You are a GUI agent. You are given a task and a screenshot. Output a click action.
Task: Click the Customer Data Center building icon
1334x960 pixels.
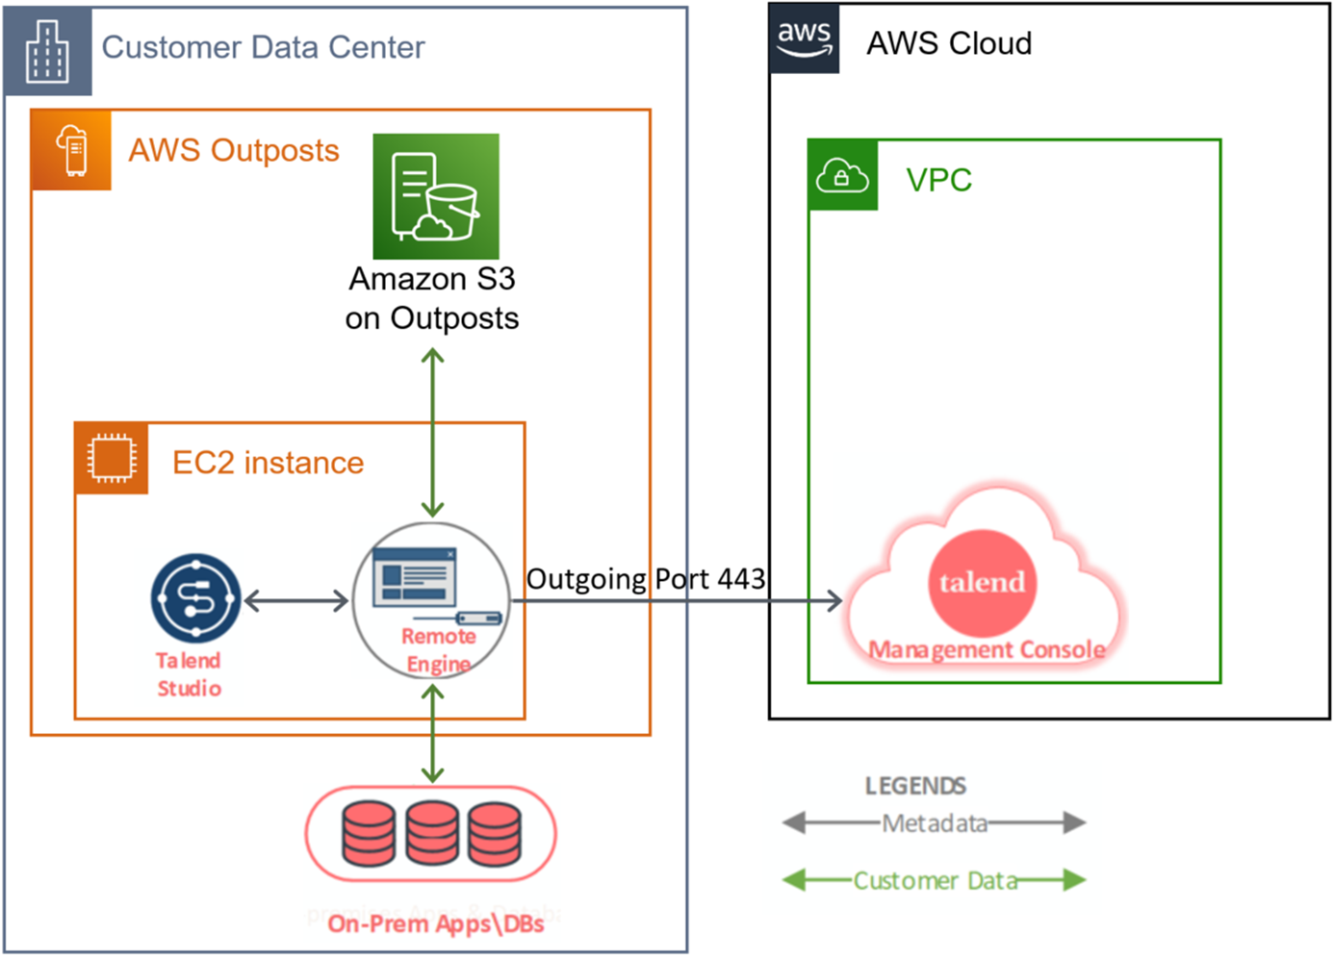[47, 51]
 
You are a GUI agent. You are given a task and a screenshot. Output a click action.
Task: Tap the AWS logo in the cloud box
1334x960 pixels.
[804, 38]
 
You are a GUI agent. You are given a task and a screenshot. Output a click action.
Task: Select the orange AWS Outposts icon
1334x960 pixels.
[72, 150]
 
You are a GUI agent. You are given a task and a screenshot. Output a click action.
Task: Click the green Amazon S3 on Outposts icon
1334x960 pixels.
[436, 196]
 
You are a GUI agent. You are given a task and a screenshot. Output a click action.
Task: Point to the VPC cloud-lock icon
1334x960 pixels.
[842, 175]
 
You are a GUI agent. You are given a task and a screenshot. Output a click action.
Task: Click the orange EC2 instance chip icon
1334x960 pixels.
[112, 458]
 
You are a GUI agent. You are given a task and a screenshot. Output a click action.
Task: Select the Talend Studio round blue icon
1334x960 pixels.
[195, 598]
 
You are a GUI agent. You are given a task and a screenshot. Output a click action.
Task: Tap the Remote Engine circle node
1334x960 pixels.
[431, 600]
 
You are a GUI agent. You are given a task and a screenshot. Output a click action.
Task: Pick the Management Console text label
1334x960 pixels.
[987, 650]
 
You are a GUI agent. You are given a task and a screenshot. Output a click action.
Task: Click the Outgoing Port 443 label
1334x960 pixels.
[646, 579]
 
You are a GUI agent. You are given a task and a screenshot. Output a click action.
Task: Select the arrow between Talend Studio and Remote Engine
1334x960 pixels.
[296, 601]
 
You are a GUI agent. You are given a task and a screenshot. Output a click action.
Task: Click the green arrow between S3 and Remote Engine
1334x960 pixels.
[433, 433]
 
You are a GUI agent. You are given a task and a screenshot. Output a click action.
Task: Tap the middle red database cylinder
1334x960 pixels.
[432, 833]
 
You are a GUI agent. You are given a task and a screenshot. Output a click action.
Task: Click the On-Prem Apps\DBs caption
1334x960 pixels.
[435, 924]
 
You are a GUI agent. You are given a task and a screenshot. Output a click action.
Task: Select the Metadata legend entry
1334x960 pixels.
[935, 823]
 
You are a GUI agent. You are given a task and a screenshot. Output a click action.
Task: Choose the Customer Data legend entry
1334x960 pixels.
[935, 880]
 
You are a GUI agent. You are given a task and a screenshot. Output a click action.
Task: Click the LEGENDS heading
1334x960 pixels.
[915, 786]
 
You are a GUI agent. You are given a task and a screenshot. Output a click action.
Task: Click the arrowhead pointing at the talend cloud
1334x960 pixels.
[834, 601]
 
